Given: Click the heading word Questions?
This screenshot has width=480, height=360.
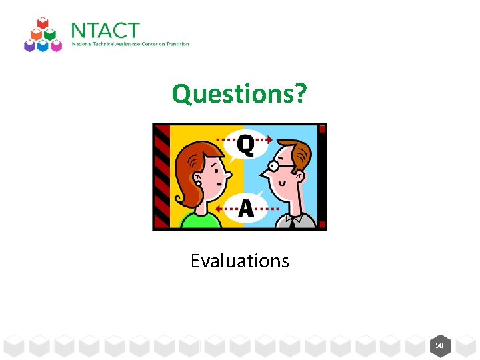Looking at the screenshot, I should [x=239, y=94].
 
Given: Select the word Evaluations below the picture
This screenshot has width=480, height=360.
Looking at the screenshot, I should [x=239, y=261].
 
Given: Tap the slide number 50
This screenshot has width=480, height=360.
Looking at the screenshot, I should [x=439, y=346].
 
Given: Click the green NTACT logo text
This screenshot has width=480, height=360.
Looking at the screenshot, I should [x=105, y=31].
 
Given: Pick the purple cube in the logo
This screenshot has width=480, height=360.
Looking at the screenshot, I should [x=30, y=45].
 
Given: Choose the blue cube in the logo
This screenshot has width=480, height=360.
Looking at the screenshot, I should [x=43, y=45].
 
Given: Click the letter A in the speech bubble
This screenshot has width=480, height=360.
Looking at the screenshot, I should [x=245, y=209].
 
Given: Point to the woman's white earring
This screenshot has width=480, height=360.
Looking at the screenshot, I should [x=198, y=183].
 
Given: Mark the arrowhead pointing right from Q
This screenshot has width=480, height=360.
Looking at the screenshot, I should [x=269, y=140].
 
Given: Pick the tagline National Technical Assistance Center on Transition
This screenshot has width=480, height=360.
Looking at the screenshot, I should [x=130, y=44].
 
